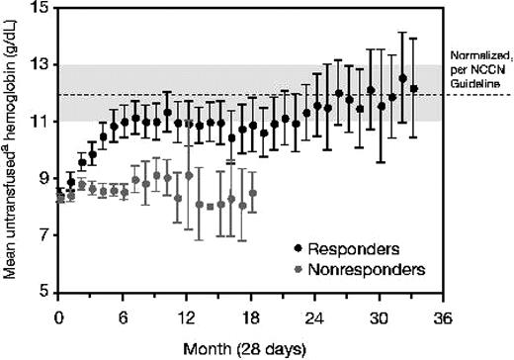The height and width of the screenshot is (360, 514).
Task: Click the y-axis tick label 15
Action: [x=39, y=8]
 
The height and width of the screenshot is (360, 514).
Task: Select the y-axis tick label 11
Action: [x=39, y=122]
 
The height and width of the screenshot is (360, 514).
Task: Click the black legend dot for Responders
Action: [x=300, y=246]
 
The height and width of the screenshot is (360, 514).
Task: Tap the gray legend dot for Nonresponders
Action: [x=300, y=268]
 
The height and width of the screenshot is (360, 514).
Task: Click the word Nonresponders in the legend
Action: [x=365, y=268]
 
